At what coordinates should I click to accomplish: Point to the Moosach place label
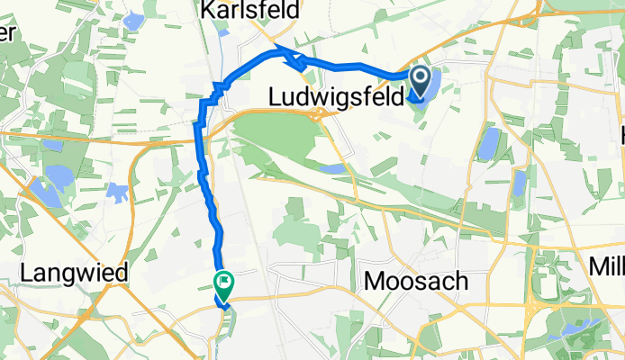point(416,282)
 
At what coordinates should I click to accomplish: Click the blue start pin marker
point(421,81)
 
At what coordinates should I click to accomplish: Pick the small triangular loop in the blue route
point(293,63)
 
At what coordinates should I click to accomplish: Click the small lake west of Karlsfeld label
point(135,20)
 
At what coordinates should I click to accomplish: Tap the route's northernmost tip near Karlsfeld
point(275,47)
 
